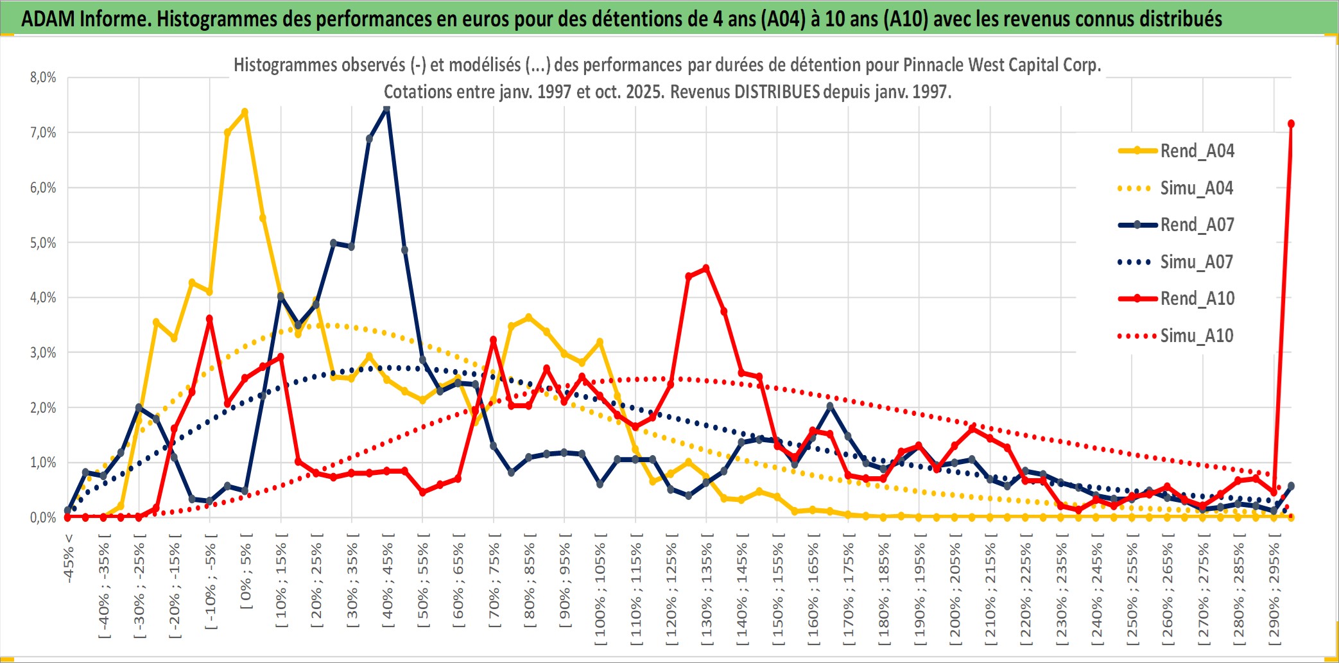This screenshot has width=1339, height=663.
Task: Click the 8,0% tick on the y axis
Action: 43,78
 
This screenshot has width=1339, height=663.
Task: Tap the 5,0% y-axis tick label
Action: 43,243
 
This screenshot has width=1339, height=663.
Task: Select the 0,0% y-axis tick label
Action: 43,517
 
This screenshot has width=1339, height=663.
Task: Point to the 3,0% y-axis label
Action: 43,352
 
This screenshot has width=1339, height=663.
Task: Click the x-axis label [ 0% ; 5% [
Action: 246,571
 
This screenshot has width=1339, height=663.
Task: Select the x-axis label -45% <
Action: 69,558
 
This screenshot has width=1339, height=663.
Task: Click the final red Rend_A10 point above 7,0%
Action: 1291,124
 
